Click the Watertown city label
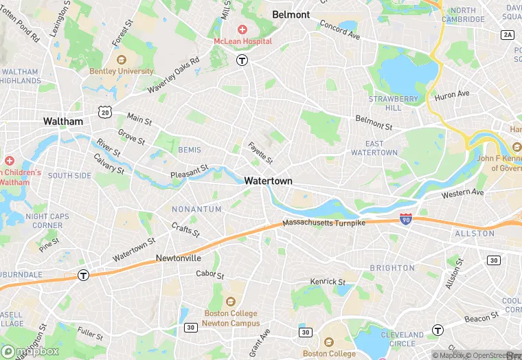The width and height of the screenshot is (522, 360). (x=268, y=181)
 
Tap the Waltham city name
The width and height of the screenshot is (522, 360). (x=63, y=121)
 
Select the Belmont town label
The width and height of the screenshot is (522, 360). (x=291, y=14)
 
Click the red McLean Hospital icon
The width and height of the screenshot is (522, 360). (x=242, y=29)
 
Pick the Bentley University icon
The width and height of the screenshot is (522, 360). (x=121, y=60)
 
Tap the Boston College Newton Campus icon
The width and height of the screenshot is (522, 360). (x=231, y=301)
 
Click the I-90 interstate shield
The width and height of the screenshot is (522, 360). (x=406, y=219)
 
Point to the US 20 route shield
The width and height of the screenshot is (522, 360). (x=104, y=111)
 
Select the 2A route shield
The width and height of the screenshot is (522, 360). (x=508, y=34)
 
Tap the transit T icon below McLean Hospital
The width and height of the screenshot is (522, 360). (x=242, y=60)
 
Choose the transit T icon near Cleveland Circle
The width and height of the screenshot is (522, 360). (x=438, y=330)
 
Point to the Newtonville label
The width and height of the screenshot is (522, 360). (x=178, y=258)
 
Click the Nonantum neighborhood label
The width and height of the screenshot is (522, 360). (x=196, y=209)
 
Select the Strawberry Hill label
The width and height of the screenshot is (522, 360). (x=393, y=103)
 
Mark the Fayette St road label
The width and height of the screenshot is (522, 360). (x=260, y=152)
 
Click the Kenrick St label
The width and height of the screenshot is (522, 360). (x=328, y=282)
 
